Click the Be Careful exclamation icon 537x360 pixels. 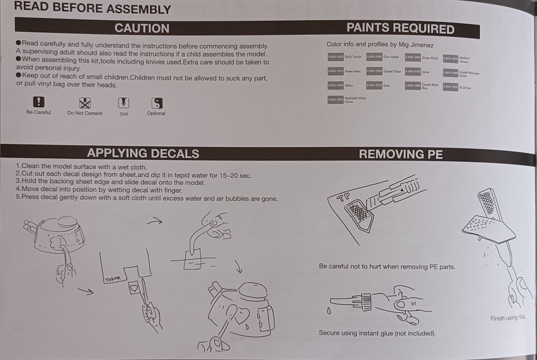tap(38, 102)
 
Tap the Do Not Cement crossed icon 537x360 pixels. tap(86, 103)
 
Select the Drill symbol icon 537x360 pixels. tap(123, 103)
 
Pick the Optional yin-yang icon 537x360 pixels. tap(156, 103)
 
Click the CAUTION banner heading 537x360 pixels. tap(142, 28)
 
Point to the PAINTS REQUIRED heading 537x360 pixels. tap(400, 29)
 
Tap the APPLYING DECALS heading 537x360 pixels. tap(143, 153)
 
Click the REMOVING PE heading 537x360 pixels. tap(401, 154)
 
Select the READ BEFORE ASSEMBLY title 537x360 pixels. tap(92, 9)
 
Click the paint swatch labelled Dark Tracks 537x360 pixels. tap(335, 57)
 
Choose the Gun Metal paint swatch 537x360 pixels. tap(375, 57)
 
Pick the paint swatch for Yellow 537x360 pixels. tap(335, 85)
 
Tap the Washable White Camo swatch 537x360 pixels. tap(335, 99)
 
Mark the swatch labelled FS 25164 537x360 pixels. tap(450, 87)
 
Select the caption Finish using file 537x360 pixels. tap(512, 318)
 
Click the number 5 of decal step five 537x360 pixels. tap(18, 198)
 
